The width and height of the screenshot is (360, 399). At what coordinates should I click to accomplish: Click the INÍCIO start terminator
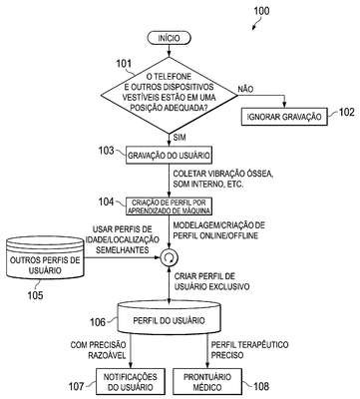click(169, 38)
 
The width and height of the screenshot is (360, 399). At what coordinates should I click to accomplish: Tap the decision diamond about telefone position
click(170, 96)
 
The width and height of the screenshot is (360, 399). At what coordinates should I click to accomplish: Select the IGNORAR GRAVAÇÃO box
click(284, 117)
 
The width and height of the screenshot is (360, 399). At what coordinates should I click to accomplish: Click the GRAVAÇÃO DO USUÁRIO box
click(169, 156)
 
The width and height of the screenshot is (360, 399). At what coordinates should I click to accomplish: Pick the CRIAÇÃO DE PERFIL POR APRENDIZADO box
click(169, 206)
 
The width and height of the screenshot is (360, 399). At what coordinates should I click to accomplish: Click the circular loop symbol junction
click(170, 257)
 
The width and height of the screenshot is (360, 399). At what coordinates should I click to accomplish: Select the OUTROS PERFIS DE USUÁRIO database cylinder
click(45, 257)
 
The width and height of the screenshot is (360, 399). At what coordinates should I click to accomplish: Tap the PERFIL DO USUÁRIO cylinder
click(169, 316)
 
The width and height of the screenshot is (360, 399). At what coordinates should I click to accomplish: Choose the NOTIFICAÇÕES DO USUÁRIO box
click(131, 381)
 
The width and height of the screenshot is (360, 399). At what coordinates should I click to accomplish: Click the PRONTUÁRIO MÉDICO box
click(207, 381)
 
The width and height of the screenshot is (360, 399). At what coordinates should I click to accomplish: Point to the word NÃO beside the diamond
click(245, 89)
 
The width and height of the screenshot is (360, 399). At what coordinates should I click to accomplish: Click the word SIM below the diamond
click(180, 137)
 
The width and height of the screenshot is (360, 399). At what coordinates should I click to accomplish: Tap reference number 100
click(261, 11)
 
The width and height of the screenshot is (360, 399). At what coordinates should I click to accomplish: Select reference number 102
click(346, 112)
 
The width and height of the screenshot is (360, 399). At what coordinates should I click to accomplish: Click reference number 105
click(35, 294)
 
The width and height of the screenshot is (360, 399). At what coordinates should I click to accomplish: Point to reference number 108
click(261, 386)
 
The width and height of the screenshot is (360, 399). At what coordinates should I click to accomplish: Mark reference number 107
click(77, 386)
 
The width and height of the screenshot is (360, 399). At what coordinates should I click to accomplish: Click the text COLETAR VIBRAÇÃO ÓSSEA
click(223, 174)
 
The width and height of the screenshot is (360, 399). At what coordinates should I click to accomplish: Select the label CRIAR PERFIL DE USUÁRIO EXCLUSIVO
click(211, 281)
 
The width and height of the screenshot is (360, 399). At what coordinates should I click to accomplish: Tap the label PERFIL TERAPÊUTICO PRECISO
click(249, 350)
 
